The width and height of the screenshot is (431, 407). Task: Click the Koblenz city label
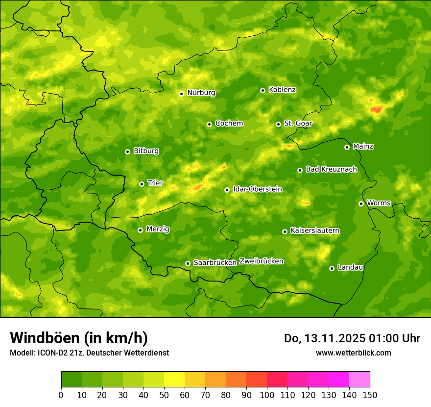click(282, 90)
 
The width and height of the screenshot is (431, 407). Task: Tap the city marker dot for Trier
click(142, 184)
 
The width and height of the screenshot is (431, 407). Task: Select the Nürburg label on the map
click(201, 93)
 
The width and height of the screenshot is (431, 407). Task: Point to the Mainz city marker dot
click(347, 147)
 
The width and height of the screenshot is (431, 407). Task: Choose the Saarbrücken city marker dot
click(188, 263)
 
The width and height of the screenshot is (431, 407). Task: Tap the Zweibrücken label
click(262, 261)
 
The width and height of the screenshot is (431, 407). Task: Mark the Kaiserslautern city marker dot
click(285, 231)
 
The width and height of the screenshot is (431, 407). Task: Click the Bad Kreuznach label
click(331, 169)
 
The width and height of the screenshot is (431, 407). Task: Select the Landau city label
click(350, 267)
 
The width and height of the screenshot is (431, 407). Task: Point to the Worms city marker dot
click(361, 203)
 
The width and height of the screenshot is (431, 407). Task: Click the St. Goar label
click(298, 124)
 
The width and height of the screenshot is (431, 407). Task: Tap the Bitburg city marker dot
click(127, 152)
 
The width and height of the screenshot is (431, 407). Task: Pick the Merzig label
click(158, 229)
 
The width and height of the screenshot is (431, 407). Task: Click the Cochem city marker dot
click(209, 124)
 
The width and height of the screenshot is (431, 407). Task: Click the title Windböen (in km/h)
click(78, 338)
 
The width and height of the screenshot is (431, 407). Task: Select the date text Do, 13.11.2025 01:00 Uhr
click(352, 338)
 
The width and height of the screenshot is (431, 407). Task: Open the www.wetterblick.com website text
click(353, 353)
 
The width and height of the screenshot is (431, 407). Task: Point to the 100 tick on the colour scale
click(267, 395)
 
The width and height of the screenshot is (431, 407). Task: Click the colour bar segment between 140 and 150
click(359, 380)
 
